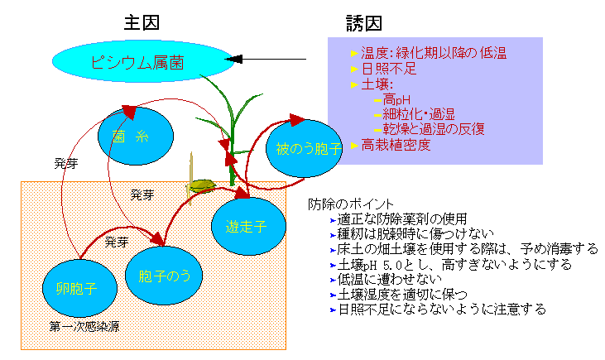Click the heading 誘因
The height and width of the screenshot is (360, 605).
tap(364, 22)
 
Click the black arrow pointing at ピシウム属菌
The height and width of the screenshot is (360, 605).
tap(266, 59)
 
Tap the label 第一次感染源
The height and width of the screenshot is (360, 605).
tap(84, 327)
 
